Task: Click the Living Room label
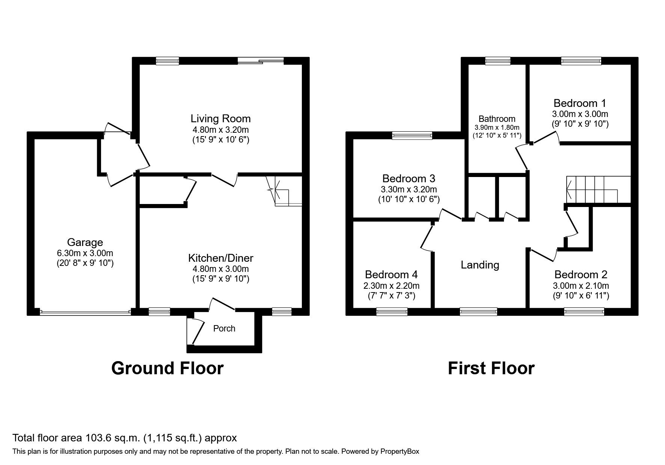tap(220, 119)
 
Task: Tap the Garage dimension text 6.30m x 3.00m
tap(85, 253)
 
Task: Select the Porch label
tap(224, 328)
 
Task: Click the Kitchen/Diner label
tap(220, 258)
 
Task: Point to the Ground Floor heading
tap(167, 368)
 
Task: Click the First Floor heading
tap(491, 368)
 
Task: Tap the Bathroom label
tap(497, 119)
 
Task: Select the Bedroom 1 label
tap(580, 103)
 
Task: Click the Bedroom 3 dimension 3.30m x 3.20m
tap(409, 189)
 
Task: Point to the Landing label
tap(480, 265)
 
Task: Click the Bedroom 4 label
tap(391, 274)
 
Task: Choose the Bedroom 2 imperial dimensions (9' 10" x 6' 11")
tap(581, 295)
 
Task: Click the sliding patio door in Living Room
tap(261, 61)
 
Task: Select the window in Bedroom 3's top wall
tap(412, 135)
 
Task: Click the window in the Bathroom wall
tap(498, 61)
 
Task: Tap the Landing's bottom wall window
tap(478, 311)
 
